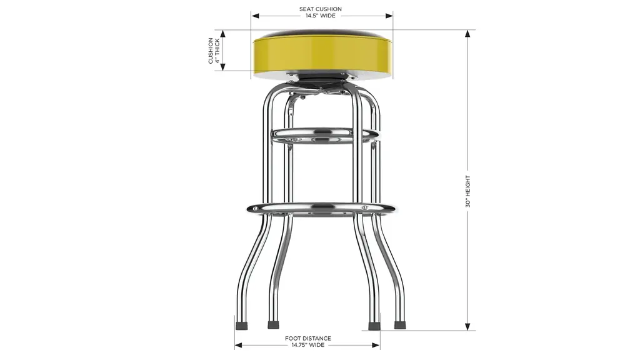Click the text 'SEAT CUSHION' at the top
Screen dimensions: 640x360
pos(321,9)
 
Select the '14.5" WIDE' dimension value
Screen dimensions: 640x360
pos(321,16)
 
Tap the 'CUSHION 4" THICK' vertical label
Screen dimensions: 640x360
pos(214,51)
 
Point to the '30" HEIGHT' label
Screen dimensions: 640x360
pos(467,191)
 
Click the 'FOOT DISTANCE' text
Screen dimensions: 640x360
pos(307,338)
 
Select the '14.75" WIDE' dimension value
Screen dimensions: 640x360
pos(307,345)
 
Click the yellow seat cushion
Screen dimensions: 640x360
pos(322,54)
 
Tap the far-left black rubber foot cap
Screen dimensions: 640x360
pos(242,326)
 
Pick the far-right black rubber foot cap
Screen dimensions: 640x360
pos(399,325)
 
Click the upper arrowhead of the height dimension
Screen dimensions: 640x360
pos(467,34)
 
